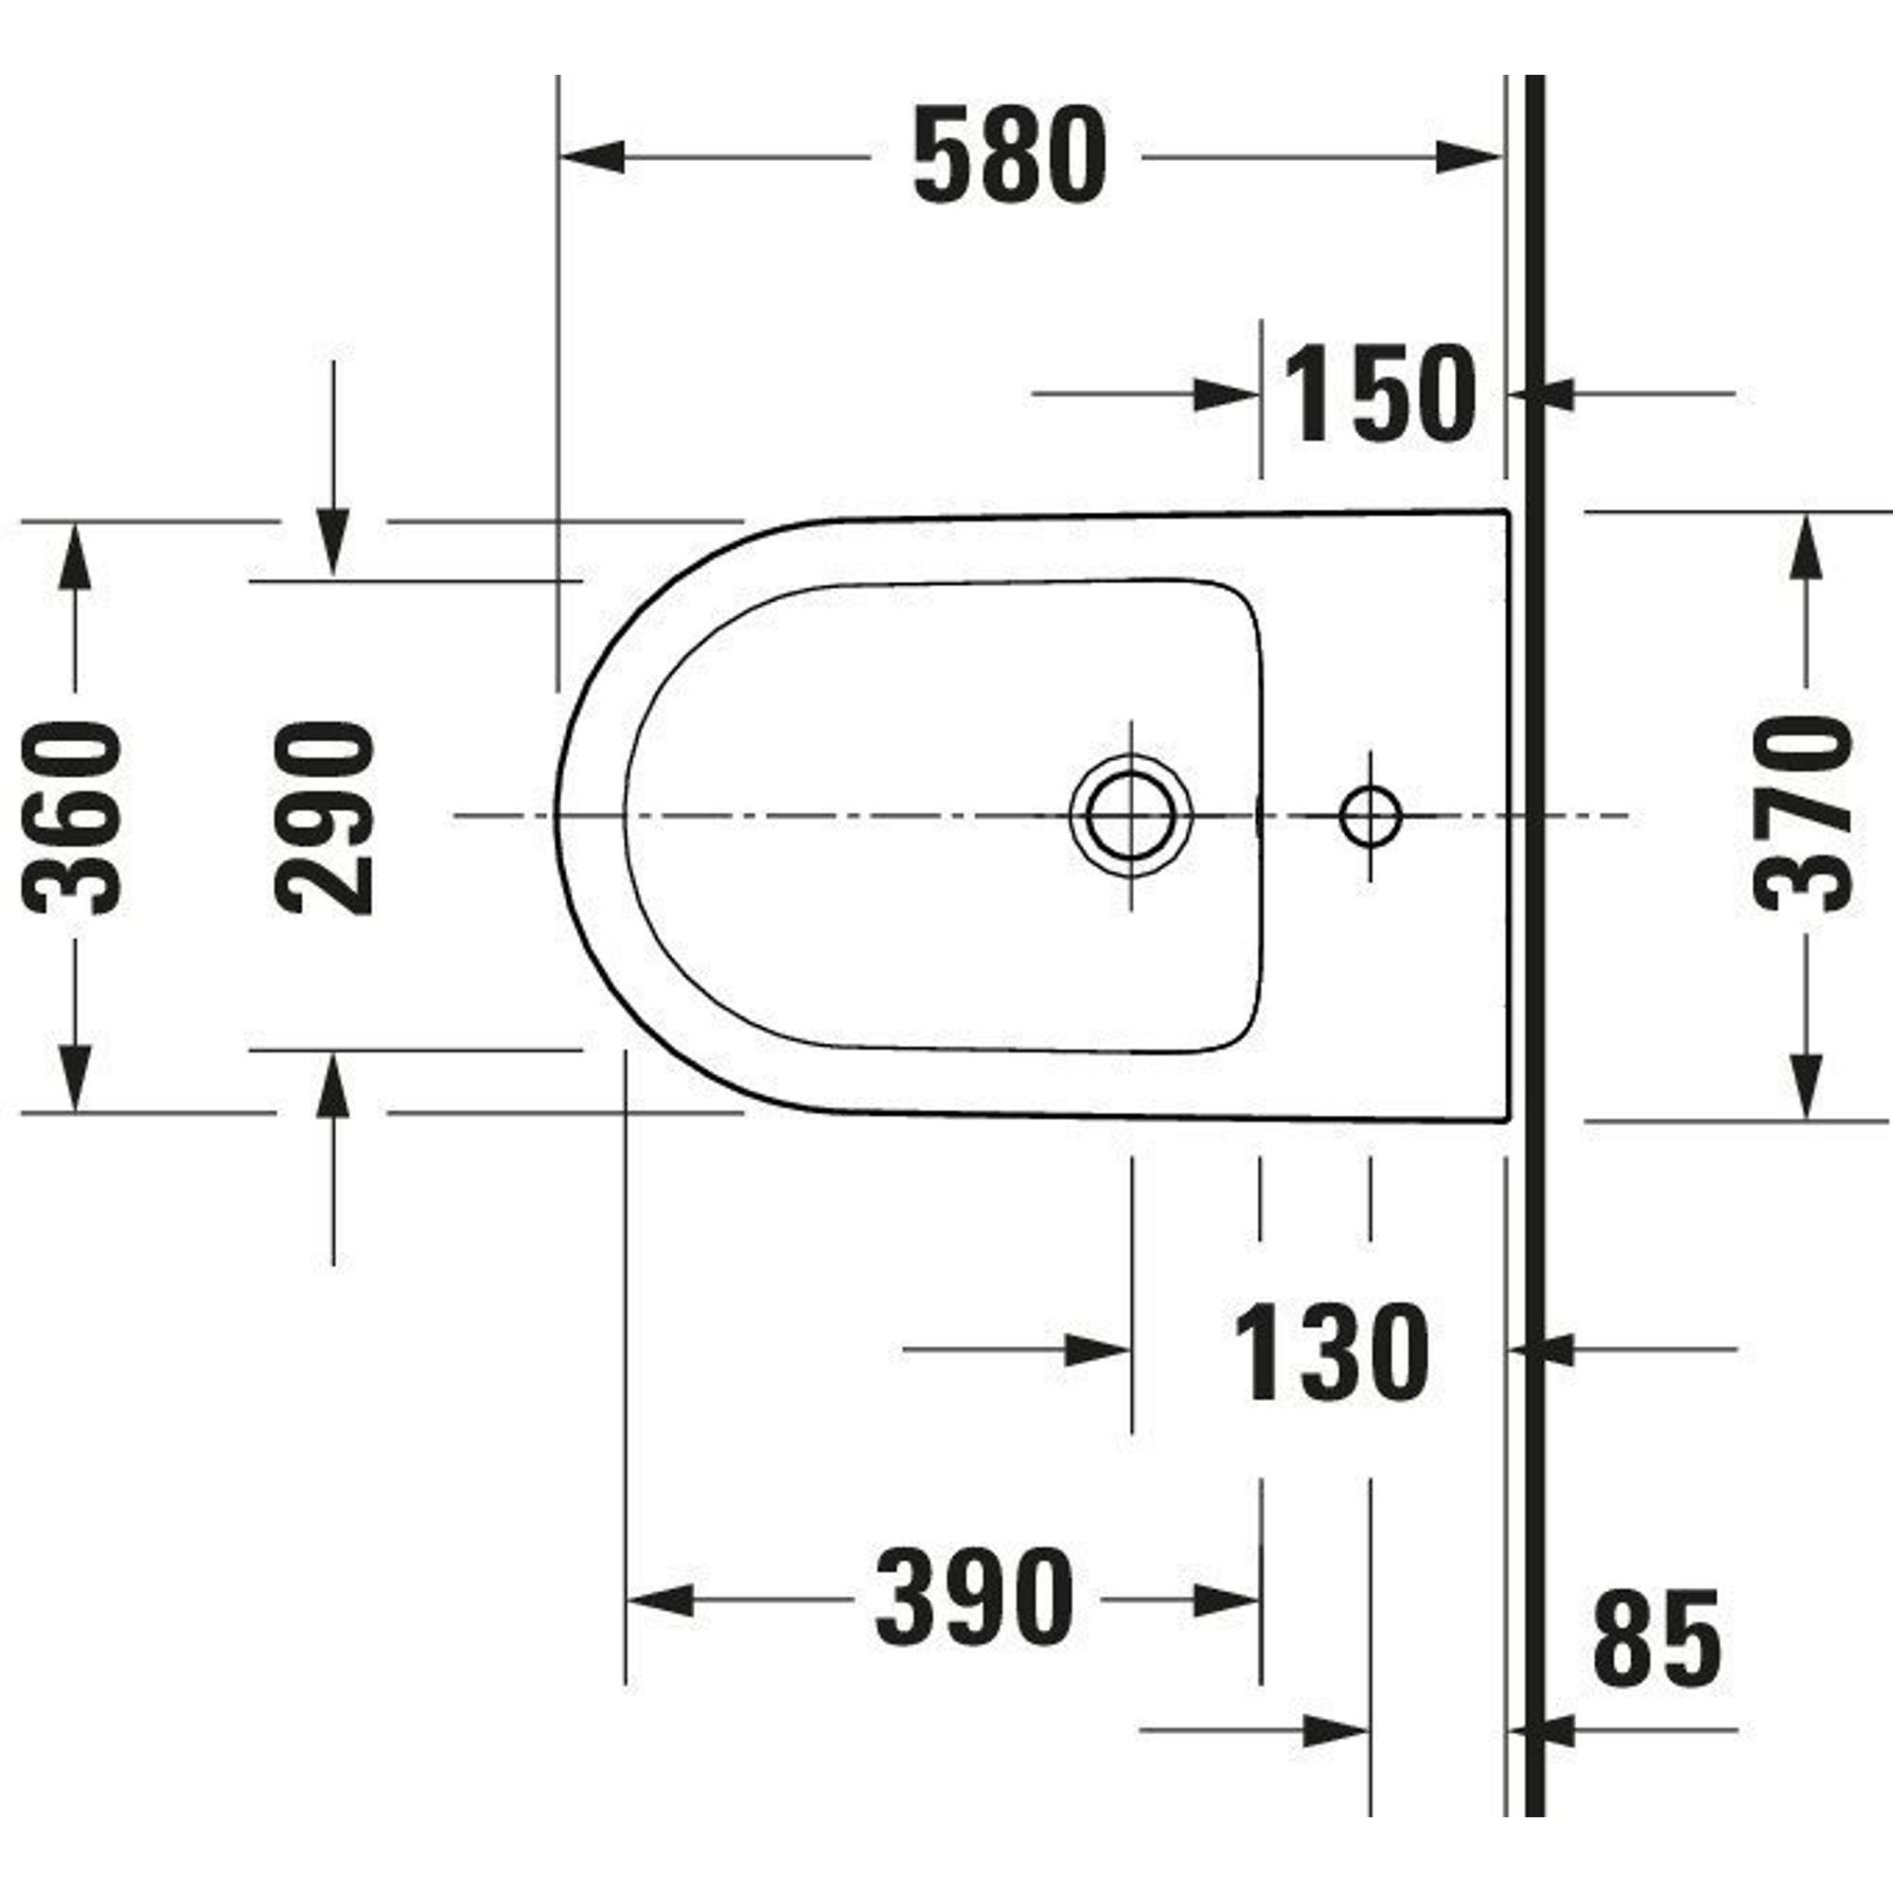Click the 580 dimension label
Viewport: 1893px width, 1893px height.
coord(1009,156)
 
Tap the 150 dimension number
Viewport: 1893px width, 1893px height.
coord(1380,394)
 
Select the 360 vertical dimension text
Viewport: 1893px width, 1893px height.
coord(73,817)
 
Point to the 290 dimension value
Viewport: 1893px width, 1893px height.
coord(325,817)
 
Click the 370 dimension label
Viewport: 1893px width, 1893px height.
coord(1804,814)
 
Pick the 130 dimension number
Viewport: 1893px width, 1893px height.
coord(1332,1353)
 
